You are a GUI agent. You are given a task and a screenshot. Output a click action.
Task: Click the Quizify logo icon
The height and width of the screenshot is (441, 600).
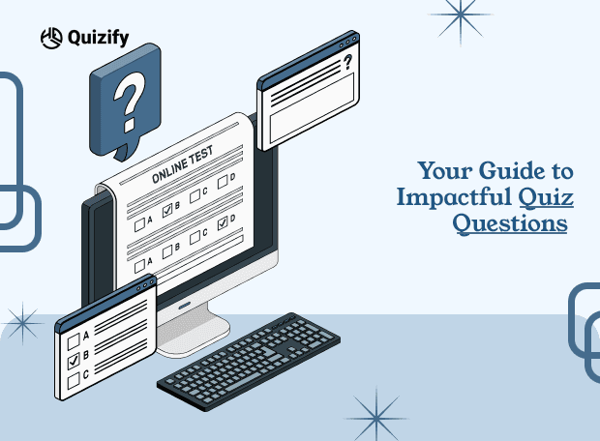(51, 38)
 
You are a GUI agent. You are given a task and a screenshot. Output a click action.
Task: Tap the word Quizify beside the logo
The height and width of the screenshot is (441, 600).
(98, 38)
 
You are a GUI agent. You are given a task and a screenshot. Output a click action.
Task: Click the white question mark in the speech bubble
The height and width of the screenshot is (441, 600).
(129, 103)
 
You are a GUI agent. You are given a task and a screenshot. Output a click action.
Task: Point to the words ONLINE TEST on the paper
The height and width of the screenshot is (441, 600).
(182, 165)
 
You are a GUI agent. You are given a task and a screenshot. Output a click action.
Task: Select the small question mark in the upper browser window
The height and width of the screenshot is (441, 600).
(347, 62)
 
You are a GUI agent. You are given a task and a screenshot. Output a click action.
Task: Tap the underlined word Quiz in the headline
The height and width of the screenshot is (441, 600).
(546, 196)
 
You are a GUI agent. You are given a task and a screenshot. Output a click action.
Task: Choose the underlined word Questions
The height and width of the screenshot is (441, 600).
(510, 223)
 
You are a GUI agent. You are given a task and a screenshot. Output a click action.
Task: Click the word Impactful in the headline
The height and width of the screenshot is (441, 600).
(454, 197)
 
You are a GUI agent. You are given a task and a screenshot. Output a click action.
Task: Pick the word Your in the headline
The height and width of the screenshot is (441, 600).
(445, 170)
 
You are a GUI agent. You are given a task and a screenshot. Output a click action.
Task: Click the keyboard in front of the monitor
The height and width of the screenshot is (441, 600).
(249, 362)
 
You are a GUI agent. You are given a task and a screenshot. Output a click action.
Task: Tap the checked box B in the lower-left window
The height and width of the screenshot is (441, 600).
(74, 362)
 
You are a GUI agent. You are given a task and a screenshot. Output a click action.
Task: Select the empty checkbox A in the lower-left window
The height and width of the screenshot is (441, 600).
(74, 341)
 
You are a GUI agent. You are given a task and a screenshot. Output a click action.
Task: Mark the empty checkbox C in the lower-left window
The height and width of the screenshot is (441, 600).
(74, 381)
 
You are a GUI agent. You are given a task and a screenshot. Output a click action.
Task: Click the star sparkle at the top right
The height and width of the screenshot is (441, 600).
(461, 15)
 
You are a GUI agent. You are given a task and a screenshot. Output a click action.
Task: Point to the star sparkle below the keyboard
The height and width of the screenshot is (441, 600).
(376, 419)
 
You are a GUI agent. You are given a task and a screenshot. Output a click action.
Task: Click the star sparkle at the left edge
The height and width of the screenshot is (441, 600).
(23, 324)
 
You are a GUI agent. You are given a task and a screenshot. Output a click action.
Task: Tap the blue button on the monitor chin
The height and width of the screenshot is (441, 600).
(184, 306)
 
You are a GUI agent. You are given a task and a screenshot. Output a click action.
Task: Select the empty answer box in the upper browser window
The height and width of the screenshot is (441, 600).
(312, 108)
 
